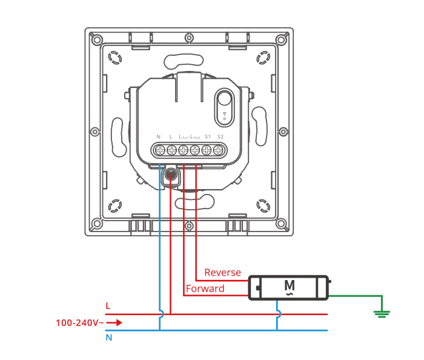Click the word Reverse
pyautogui.click(x=222, y=273)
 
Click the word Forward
pyautogui.click(x=205, y=288)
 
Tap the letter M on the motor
pyautogui.click(x=290, y=285)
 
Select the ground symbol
pyautogui.click(x=382, y=313)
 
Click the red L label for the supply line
pyautogui.click(x=108, y=307)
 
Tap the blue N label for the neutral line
pyautogui.click(x=108, y=338)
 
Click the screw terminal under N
pyautogui.click(x=160, y=150)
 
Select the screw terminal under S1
pyautogui.click(x=207, y=150)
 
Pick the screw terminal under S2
pyautogui.click(x=219, y=150)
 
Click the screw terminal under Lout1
pyautogui.click(x=184, y=150)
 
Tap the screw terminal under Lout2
pyautogui.click(x=195, y=150)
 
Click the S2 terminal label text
pyautogui.click(x=220, y=136)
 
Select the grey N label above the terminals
pyautogui.click(x=158, y=136)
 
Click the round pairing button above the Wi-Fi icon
pyautogui.click(x=224, y=99)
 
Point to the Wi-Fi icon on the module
pyautogui.click(x=225, y=115)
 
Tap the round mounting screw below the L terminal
pyautogui.click(x=171, y=176)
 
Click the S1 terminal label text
pyautogui.click(x=208, y=136)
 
